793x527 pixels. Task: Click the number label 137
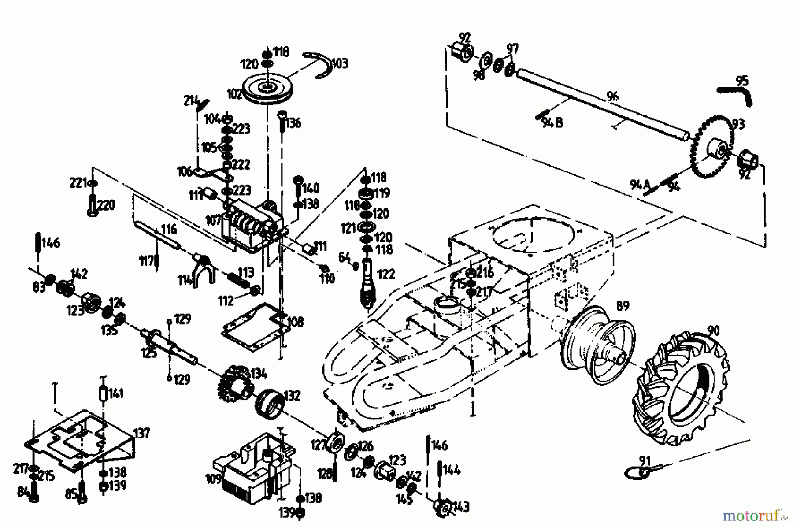pos(142,433)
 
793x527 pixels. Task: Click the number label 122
pos(386,274)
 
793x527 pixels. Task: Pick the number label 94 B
pos(552,122)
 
